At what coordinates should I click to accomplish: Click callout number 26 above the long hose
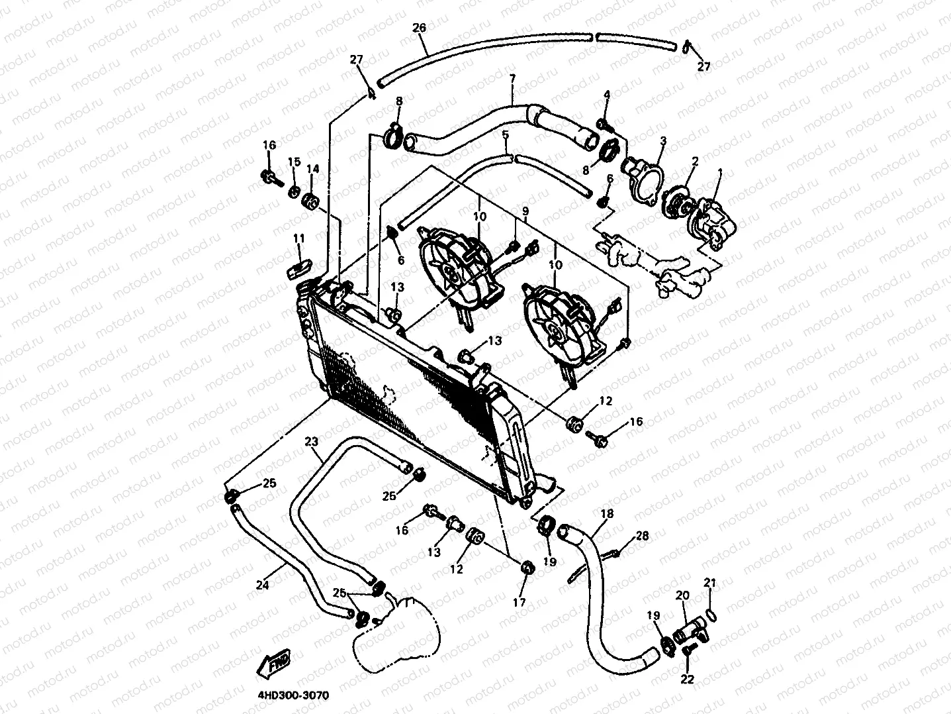(x=419, y=28)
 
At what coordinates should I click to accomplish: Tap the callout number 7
(x=512, y=79)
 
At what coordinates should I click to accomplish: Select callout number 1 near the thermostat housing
(x=720, y=174)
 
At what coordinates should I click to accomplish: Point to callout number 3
(x=663, y=141)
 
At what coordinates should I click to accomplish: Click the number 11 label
(x=299, y=238)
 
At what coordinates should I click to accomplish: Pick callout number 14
(x=313, y=169)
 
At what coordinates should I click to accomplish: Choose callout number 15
(x=294, y=162)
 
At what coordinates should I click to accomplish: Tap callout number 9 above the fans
(x=525, y=211)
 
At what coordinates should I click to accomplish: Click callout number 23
(x=312, y=441)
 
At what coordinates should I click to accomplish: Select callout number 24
(x=263, y=585)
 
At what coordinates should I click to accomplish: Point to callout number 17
(x=519, y=601)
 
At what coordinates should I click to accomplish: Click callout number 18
(x=607, y=513)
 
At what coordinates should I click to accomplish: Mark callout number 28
(x=642, y=536)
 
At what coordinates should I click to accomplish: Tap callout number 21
(x=709, y=583)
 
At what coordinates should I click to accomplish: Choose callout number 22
(x=688, y=679)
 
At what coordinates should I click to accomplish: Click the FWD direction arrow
(x=274, y=664)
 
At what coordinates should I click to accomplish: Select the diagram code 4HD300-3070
(x=293, y=695)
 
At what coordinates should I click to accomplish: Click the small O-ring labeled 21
(x=711, y=615)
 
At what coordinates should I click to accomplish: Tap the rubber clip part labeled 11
(x=299, y=268)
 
